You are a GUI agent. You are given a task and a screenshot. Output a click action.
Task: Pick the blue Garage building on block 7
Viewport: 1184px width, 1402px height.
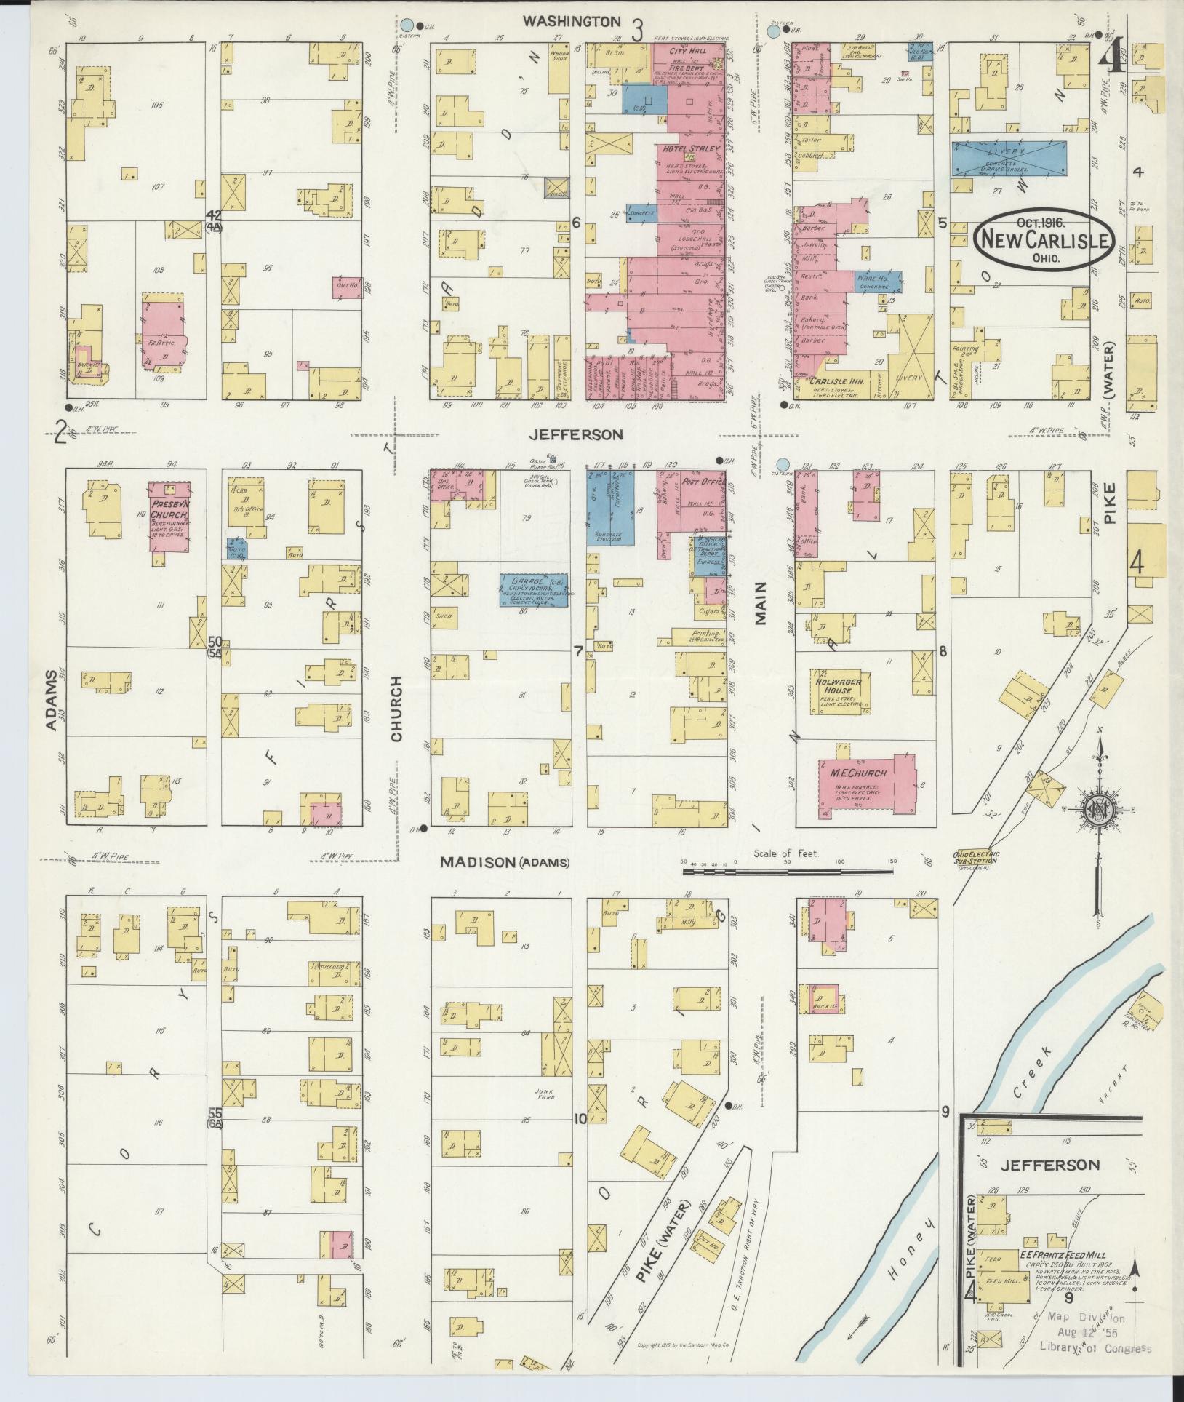534,589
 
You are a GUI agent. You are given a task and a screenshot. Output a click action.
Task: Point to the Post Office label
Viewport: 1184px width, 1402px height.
700,482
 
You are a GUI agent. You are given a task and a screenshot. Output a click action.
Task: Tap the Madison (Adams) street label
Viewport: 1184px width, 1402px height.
505,863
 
